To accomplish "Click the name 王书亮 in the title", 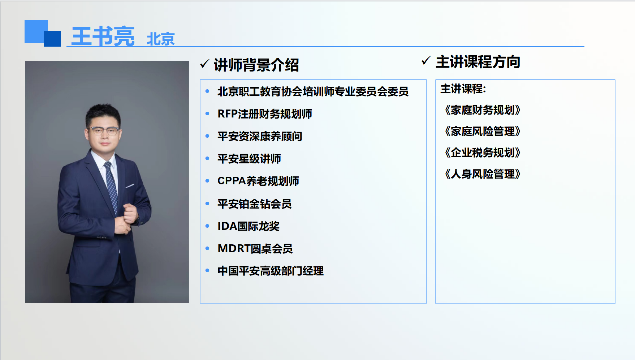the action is click(x=103, y=36).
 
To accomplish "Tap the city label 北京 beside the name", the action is click(x=161, y=39).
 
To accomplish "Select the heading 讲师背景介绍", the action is click(x=256, y=65).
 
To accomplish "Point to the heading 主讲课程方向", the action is click(x=478, y=62).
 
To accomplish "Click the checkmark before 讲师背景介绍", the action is click(x=204, y=64).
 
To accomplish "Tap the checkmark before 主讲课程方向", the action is click(x=426, y=60).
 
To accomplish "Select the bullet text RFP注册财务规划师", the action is click(x=265, y=114).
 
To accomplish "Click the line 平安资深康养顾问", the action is click(x=260, y=136).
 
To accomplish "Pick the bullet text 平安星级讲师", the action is click(x=249, y=159).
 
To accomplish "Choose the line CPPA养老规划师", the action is click(x=258, y=181).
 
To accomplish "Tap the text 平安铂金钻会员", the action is click(x=255, y=204).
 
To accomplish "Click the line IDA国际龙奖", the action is click(x=249, y=226).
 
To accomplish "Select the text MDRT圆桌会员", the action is click(x=255, y=249).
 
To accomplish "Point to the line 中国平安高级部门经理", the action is click(x=271, y=271).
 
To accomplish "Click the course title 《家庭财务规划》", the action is click(x=483, y=110).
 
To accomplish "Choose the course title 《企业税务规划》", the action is click(x=483, y=153).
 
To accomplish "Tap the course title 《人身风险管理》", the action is click(x=483, y=174).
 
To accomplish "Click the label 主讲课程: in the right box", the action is click(x=463, y=89).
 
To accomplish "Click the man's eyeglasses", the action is click(x=104, y=131).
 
